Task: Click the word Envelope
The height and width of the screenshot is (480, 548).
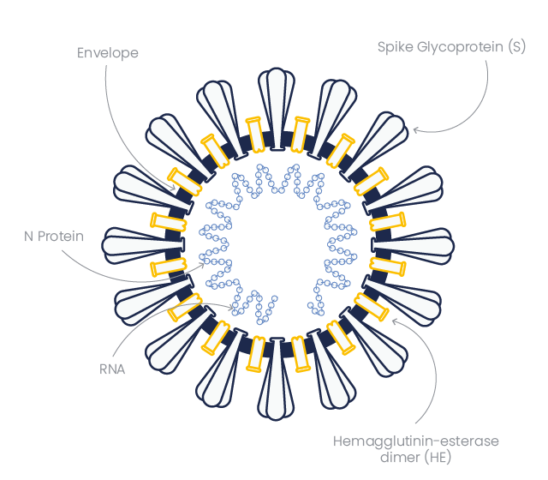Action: (x=108, y=53)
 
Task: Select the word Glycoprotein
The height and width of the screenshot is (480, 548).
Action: (x=461, y=47)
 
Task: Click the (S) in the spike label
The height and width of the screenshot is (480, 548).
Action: (x=517, y=47)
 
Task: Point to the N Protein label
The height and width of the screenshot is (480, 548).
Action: (x=54, y=237)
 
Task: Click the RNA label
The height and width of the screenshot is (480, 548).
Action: (x=112, y=369)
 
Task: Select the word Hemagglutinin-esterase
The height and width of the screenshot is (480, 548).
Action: (x=416, y=441)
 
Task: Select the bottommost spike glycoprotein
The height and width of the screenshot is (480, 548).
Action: (x=276, y=379)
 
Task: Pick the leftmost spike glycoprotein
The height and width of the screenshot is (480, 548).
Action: (x=143, y=245)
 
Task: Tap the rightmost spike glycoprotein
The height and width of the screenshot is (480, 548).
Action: (x=413, y=246)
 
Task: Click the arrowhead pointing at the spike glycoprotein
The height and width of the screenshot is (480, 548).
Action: (x=415, y=130)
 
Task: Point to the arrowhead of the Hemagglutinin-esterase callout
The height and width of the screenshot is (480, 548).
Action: (x=394, y=321)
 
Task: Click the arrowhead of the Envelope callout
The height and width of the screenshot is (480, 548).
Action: (x=173, y=189)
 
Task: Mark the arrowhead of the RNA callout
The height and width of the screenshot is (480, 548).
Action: (x=230, y=308)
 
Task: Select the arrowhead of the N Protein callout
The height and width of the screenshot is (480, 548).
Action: (x=202, y=265)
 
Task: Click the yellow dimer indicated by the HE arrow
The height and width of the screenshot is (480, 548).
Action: (x=372, y=307)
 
